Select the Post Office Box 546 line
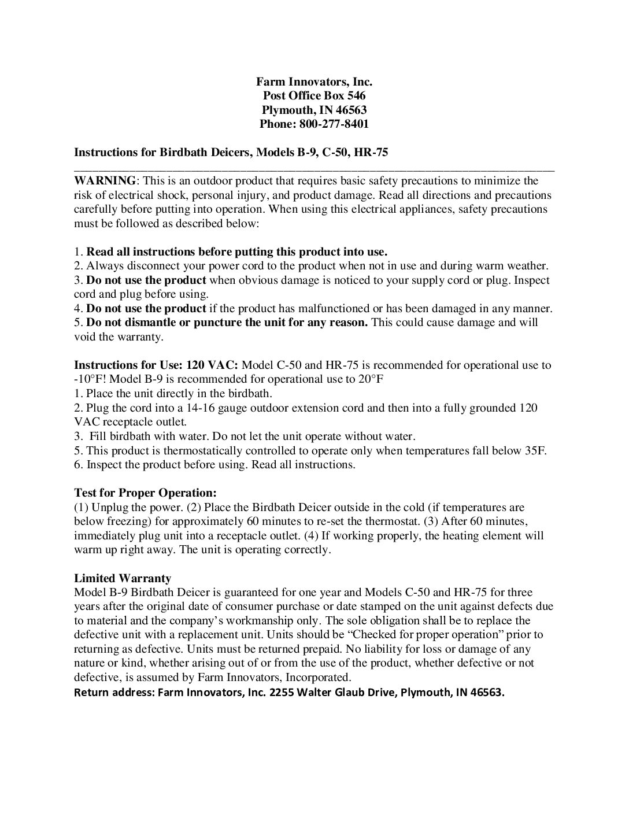click(314, 96)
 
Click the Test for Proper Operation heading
click(145, 493)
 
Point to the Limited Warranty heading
click(123, 578)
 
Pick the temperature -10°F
click(90, 379)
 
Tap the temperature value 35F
click(535, 450)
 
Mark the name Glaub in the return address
click(350, 693)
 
